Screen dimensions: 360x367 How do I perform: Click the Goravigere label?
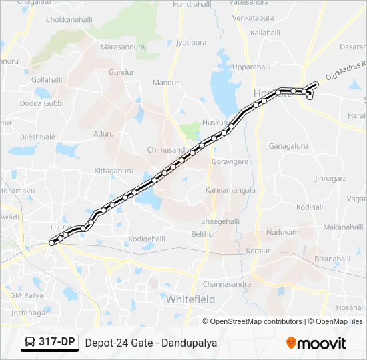point(230,161)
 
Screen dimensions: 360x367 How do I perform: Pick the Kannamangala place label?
point(230,190)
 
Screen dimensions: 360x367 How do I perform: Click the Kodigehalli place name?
point(147,239)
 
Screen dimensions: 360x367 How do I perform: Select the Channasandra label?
point(228,284)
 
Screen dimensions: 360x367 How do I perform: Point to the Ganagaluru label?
point(288,145)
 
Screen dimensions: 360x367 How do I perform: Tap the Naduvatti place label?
point(283,233)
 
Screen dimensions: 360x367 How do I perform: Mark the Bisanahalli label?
point(332,259)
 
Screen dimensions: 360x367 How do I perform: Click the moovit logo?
point(317,343)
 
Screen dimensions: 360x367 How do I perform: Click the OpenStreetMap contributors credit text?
point(256,321)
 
